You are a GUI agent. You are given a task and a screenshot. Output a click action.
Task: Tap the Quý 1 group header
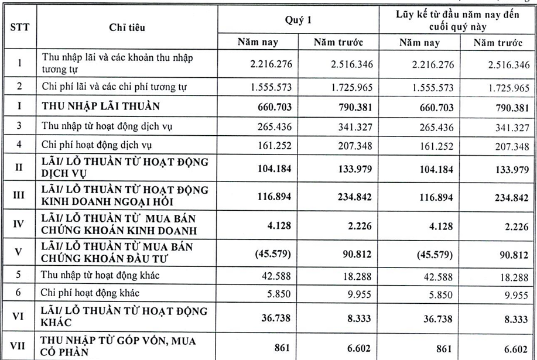pos(297,18)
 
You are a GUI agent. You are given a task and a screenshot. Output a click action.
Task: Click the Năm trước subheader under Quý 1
pos(338,42)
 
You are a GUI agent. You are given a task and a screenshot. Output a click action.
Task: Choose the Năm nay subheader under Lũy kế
pos(419,42)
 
